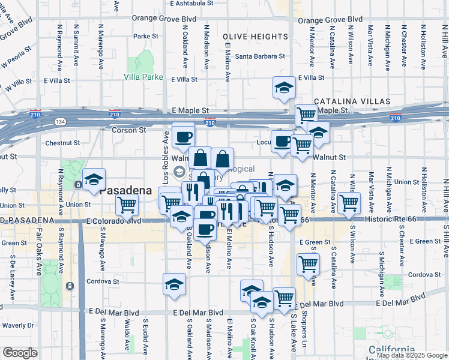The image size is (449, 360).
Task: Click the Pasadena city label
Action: pyautogui.click(x=125, y=190)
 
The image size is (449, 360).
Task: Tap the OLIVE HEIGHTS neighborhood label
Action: pyautogui.click(x=256, y=36)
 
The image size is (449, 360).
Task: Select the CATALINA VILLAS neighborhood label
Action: pyautogui.click(x=347, y=100)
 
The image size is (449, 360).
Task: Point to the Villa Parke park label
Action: pyautogui.click(x=143, y=77)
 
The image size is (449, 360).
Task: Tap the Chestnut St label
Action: pyautogui.click(x=62, y=143)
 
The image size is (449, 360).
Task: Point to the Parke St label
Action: pyautogui.click(x=145, y=36)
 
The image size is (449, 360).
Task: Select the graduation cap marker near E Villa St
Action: pyautogui.click(x=284, y=88)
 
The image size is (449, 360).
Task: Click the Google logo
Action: pyautogui.click(x=20, y=353)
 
